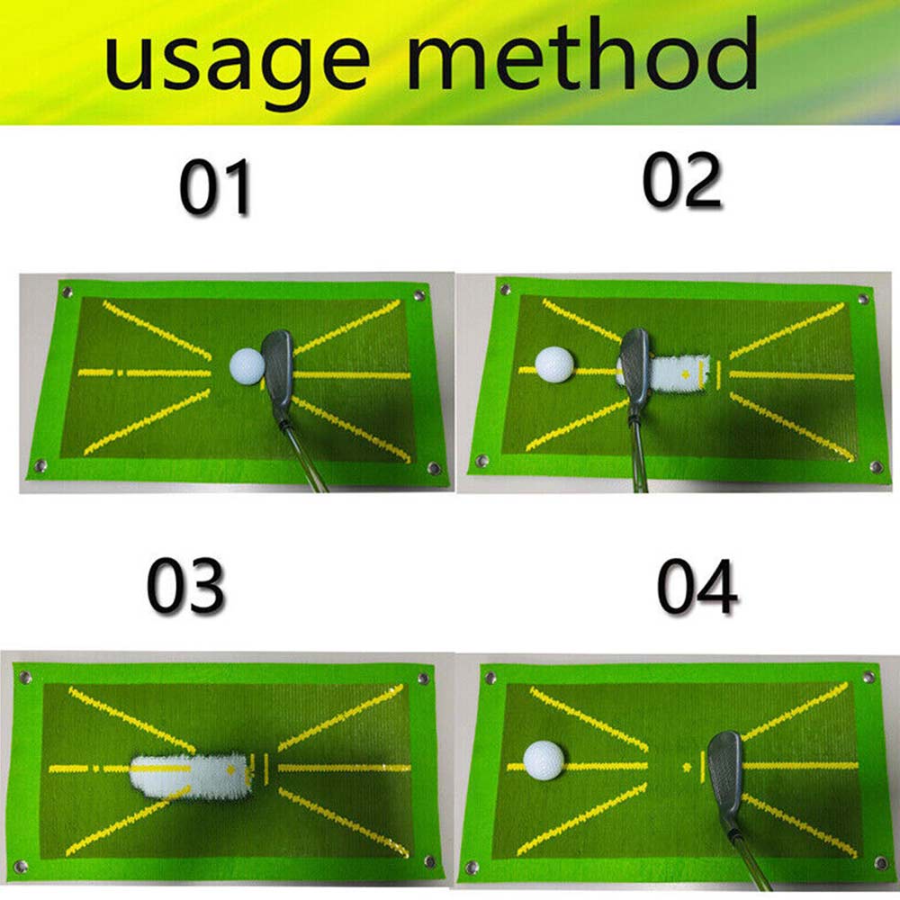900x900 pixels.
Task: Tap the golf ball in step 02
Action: coord(553,364)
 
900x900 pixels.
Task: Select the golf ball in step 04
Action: coord(543,760)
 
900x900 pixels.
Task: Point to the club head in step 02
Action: coord(634,364)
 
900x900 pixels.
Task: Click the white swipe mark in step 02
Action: coord(679,371)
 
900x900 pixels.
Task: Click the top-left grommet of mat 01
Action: coord(66,291)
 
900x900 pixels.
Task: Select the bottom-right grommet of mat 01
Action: coord(432,468)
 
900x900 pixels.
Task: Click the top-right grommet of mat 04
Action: coord(868,676)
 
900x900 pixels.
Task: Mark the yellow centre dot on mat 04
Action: coord(688,767)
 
